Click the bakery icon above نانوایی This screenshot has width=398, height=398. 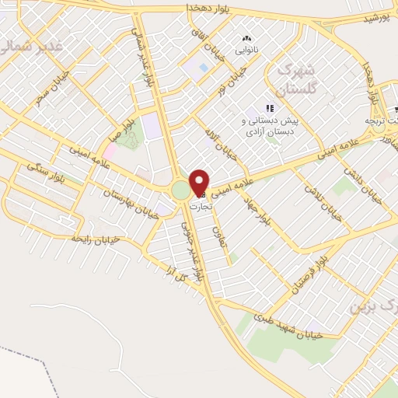247,39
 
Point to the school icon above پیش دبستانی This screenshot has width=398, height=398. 270,109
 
